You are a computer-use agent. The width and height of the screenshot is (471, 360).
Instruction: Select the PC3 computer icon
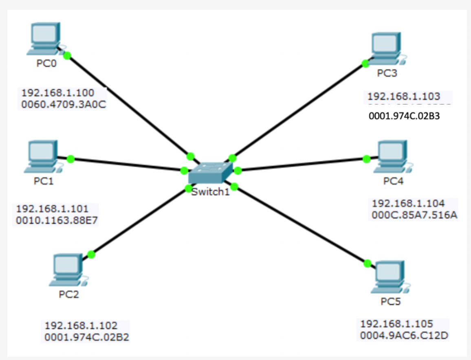pos(386,48)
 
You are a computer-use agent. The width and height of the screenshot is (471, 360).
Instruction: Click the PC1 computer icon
pos(43,156)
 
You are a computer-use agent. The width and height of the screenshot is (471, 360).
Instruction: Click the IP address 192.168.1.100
pos(58,92)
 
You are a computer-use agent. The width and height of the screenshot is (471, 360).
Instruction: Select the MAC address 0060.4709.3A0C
pos(64,104)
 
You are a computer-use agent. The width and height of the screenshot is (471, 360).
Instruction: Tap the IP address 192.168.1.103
pos(404,97)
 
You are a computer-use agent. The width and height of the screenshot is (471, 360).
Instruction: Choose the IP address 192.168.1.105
pos(396,324)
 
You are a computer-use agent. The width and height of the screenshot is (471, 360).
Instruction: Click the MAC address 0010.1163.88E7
pos(57,221)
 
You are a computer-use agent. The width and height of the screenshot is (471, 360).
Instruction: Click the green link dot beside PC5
pos(368,263)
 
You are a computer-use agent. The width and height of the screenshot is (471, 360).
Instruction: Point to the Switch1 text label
pos(211,192)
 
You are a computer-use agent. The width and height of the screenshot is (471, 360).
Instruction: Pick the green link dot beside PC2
pos(91,255)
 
